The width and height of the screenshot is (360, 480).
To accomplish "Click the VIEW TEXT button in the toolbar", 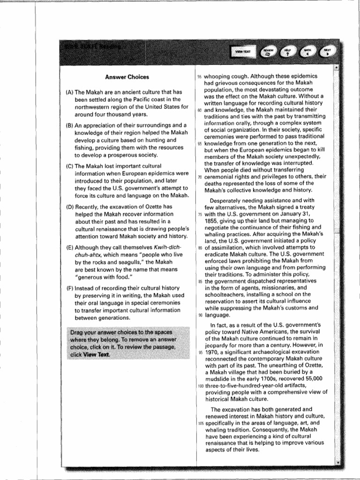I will (243, 52).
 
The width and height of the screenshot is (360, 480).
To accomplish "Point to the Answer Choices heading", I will (127, 77).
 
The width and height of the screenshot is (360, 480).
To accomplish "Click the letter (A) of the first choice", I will (69, 92).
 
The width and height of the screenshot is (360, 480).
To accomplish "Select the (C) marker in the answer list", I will (69, 166).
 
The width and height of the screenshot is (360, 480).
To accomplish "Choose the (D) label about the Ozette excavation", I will (69, 207).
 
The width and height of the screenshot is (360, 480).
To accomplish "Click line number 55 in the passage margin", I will (199, 76).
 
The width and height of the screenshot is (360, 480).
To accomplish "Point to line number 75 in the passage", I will (199, 214).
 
